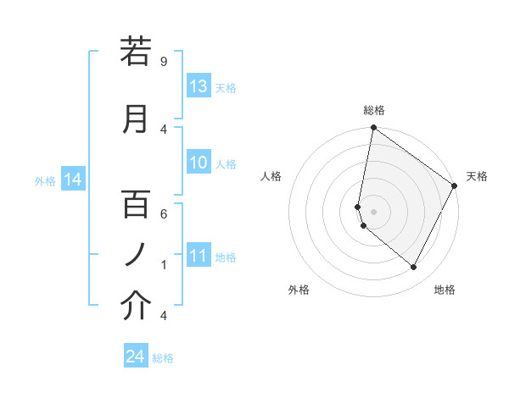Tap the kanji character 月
136,119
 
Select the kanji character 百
136,204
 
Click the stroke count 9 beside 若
163,61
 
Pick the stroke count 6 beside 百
163,213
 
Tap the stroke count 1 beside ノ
163,264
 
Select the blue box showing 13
199,86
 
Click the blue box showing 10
199,163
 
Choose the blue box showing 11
199,256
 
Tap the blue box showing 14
73,180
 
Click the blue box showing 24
136,357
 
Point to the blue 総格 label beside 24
163,358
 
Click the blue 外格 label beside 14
45,180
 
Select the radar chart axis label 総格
373,110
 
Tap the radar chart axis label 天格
477,176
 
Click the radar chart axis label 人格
271,176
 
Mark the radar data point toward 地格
414,267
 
